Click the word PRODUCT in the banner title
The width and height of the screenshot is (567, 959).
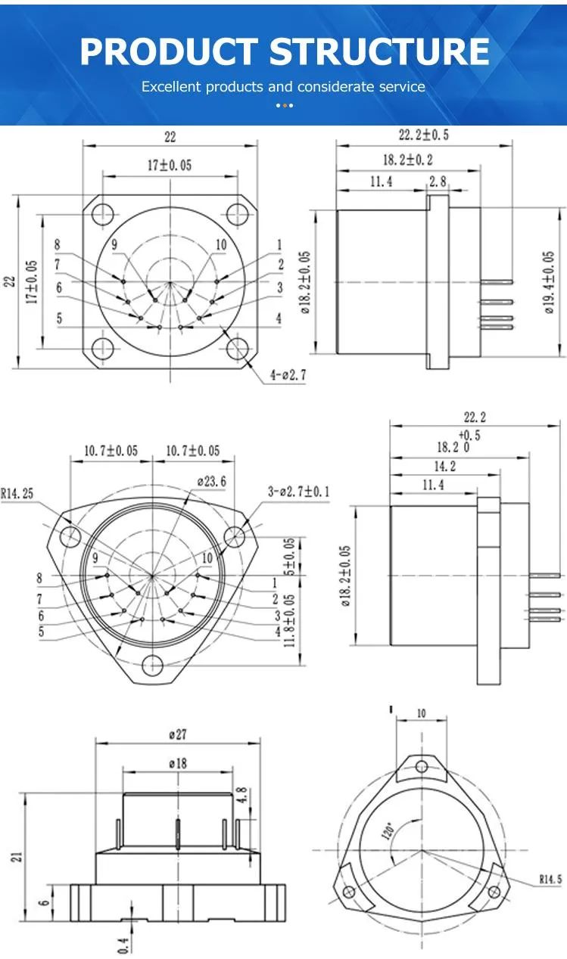[x=169, y=51]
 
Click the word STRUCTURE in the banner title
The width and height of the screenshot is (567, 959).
[x=379, y=51]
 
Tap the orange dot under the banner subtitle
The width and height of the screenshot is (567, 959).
[x=285, y=105]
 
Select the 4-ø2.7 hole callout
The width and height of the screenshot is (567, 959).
[x=288, y=375]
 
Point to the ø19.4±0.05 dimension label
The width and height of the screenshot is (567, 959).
[x=549, y=282]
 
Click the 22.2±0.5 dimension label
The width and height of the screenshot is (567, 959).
[x=423, y=135]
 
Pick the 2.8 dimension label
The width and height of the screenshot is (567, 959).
[x=438, y=182]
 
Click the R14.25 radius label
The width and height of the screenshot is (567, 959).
[x=17, y=494]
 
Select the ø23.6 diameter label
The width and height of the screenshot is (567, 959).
[x=211, y=482]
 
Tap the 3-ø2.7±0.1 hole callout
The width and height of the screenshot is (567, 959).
[x=299, y=491]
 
